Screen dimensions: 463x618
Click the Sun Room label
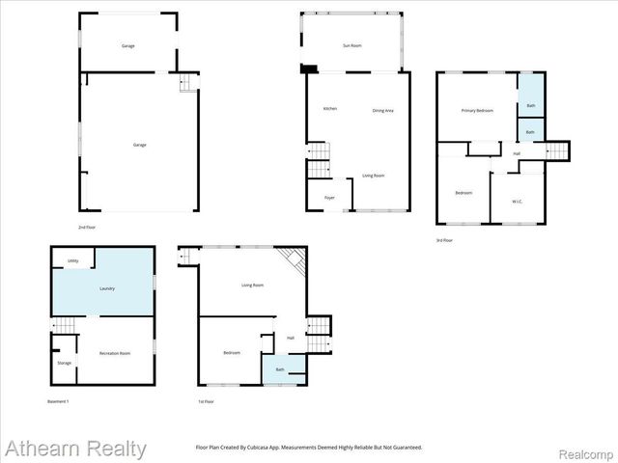[x=352, y=45]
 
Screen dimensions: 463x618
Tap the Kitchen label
[x=329, y=109]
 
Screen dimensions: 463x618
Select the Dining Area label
[x=383, y=110]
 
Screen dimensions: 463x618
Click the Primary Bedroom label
[x=477, y=111]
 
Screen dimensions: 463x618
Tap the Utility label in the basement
[x=72, y=261]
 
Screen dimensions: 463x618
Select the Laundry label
[x=107, y=287]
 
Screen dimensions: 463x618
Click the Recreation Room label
[x=115, y=354]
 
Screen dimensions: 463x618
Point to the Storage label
[x=64, y=363]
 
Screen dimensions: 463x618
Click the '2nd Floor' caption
[x=88, y=227]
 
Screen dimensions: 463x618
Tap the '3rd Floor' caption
[x=444, y=239]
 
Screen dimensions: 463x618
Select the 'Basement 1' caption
[x=58, y=400]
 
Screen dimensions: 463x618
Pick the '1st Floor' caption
[x=205, y=400]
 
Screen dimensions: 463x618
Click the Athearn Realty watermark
[x=75, y=449]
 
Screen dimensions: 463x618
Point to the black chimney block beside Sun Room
[x=309, y=68]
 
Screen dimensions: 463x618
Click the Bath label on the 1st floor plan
[x=280, y=369]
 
